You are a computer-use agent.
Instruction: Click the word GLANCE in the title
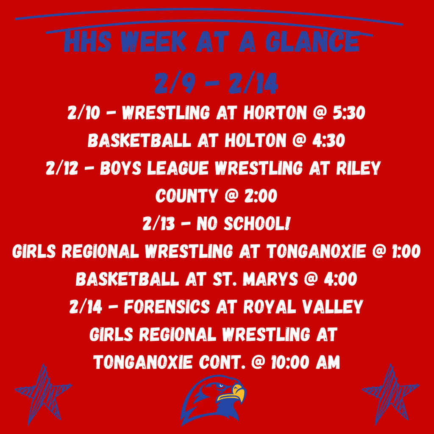pos(312,42)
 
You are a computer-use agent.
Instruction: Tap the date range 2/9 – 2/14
pos(216,84)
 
